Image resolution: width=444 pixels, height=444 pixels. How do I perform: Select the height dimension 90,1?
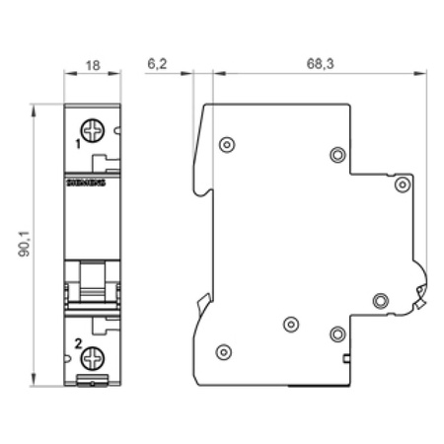pos(23,243)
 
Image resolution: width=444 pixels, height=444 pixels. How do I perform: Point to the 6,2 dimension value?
pos(157,62)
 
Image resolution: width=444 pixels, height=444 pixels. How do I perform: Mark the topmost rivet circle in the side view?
pos(227,145)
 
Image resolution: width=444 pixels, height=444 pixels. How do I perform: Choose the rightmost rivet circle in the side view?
pos(402,184)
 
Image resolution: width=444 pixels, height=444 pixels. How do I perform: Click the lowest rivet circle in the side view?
pos(224,351)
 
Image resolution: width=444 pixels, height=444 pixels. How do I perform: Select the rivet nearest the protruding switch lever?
pos(380,300)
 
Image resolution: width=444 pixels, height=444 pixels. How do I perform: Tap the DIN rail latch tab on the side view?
pos(201,303)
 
